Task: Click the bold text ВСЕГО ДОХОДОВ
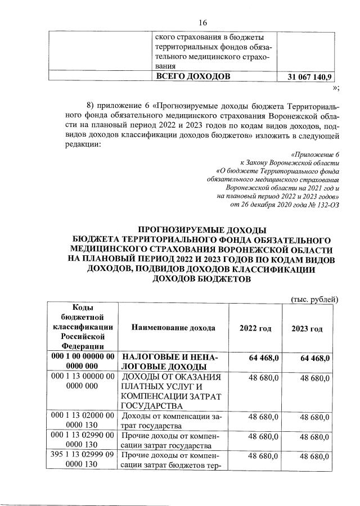(x=192, y=76)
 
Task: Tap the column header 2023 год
(x=307, y=328)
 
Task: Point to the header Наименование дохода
(x=175, y=327)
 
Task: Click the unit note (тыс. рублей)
(x=314, y=299)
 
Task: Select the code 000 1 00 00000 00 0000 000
(x=83, y=362)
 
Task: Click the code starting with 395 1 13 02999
(x=83, y=459)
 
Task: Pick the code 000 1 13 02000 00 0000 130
(x=83, y=420)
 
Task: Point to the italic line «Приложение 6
(x=316, y=154)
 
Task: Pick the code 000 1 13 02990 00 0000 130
(x=83, y=440)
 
